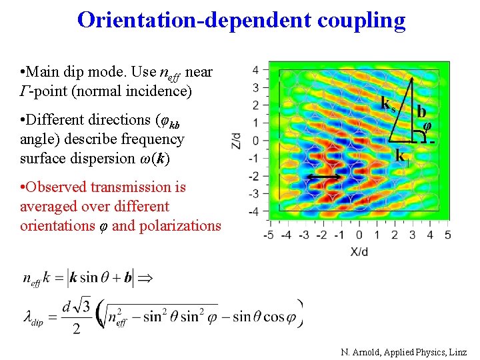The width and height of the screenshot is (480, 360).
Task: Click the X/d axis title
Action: tap(359, 251)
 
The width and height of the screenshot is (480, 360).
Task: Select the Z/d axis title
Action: tap(236, 140)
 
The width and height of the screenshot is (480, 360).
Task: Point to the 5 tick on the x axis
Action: tap(447, 235)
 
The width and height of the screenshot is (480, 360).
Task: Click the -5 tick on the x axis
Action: tap(269, 235)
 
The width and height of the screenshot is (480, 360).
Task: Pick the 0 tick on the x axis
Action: tap(359, 235)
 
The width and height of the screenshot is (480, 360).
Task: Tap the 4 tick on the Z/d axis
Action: tap(255, 69)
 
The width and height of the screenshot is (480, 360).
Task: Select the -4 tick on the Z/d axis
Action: tap(254, 212)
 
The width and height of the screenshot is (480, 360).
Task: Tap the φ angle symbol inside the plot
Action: tap(427, 126)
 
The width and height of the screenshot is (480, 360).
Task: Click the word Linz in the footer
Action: tap(459, 351)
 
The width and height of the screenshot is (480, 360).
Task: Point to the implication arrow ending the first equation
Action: tap(151, 277)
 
